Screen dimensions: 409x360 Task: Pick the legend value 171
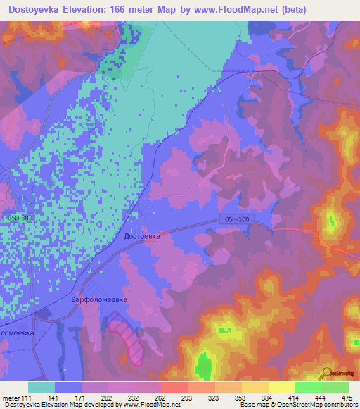pyautogui.click(x=83, y=398)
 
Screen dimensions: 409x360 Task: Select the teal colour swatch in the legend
pyautogui.click(x=41, y=387)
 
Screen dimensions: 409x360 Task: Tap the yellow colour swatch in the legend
pyautogui.click(x=281, y=387)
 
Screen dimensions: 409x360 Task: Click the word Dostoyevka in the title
pyautogui.click(x=40, y=9)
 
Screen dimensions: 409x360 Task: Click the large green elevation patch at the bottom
pyautogui.click(x=204, y=365)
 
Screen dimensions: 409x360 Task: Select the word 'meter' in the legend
pyautogui.click(x=12, y=398)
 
